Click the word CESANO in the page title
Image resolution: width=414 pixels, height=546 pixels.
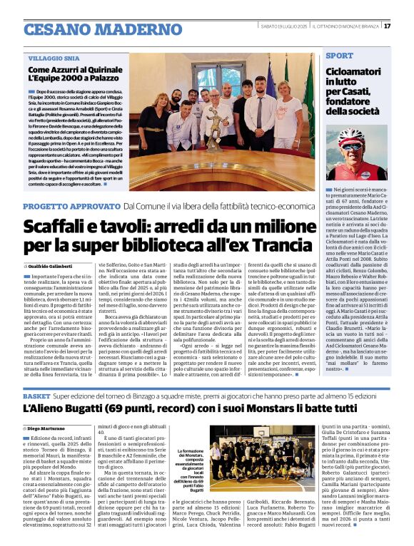[56, 29]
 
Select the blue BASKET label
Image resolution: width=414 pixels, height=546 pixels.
[36, 394]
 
